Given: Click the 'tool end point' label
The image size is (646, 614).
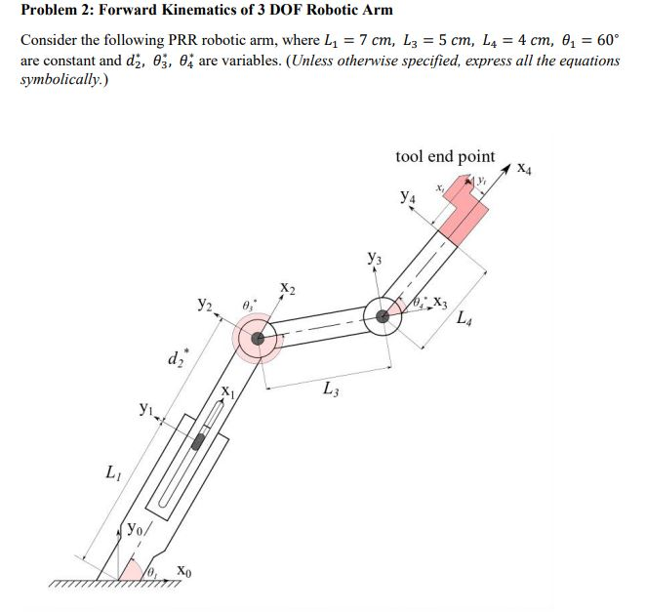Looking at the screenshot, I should tap(445, 156).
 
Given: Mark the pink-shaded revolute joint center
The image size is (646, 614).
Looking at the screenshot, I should tap(258, 339).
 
